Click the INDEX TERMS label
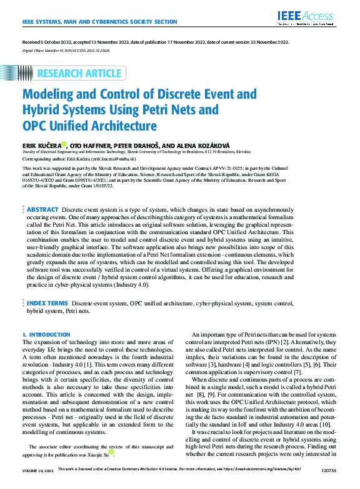click(47, 303)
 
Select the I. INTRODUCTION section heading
click(46, 335)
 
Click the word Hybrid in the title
click(43, 111)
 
